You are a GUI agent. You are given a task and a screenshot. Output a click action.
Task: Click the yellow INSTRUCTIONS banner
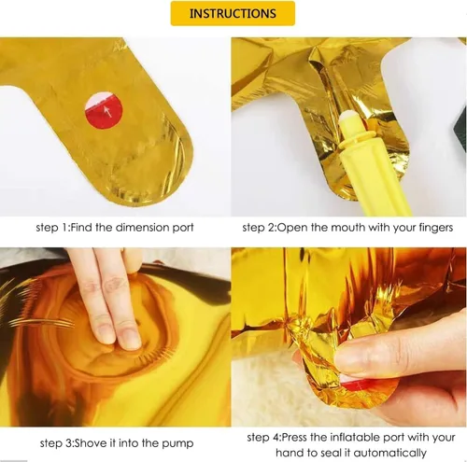tap(233, 13)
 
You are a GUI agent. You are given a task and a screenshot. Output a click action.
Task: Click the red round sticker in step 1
tap(104, 110)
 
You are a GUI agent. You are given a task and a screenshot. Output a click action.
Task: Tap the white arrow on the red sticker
tap(107, 111)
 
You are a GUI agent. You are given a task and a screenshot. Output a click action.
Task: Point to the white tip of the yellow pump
tap(347, 119)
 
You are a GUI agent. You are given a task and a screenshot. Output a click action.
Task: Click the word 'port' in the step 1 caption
tap(183, 228)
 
